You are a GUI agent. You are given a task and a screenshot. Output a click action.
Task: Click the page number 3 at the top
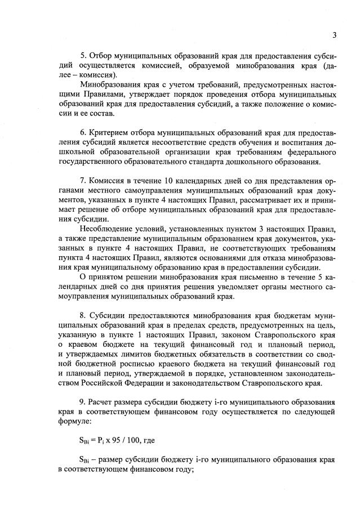[334, 35]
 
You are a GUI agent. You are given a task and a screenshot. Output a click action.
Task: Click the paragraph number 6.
[82, 132]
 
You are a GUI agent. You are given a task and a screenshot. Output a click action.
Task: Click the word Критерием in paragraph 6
[108, 132]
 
